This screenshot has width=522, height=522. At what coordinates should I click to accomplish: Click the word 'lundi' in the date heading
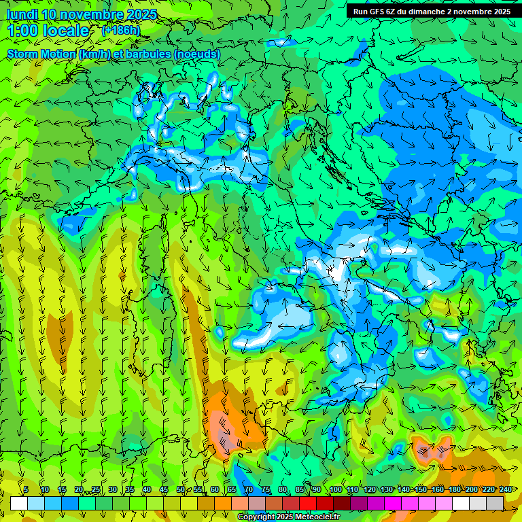pyautogui.click(x=21, y=14)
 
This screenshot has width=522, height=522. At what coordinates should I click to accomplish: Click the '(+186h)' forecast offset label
pyautogui.click(x=120, y=30)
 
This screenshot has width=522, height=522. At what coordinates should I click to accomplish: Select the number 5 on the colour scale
pyautogui.click(x=26, y=489)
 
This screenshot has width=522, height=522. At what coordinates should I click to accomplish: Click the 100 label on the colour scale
pyautogui.click(x=335, y=489)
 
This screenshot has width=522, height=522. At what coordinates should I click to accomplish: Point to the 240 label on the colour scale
pyautogui.click(x=506, y=489)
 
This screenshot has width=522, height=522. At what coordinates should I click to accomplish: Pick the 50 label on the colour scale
pyautogui.click(x=181, y=489)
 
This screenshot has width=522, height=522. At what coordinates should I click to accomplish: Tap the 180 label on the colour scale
pyautogui.click(x=454, y=489)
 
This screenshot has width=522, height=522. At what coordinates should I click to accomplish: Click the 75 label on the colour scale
pyautogui.click(x=266, y=489)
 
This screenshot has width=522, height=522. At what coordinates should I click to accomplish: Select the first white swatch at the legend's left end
pyautogui.click(x=19, y=503)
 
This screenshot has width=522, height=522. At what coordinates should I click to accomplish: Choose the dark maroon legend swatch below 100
pyautogui.click(x=342, y=503)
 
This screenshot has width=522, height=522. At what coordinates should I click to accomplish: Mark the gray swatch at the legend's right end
pyautogui.click(x=495, y=503)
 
